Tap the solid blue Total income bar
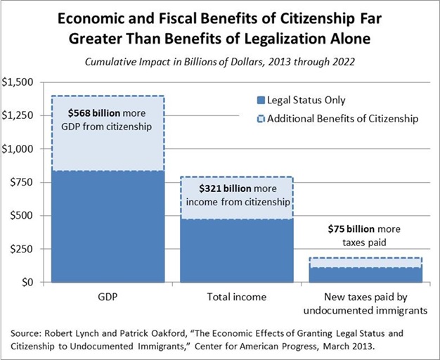pyautogui.click(x=236, y=250)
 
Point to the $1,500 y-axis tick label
pyautogui.click(x=18, y=82)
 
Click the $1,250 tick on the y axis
pyautogui.click(x=18, y=116)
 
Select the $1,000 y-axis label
pyautogui.click(x=18, y=149)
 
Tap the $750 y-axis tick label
pyautogui.click(x=22, y=183)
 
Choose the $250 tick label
pyautogui.click(x=22, y=249)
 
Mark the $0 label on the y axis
pyautogui.click(x=27, y=282)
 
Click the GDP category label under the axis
pyautogui.click(x=107, y=297)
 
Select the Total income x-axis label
pyautogui.click(x=237, y=297)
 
